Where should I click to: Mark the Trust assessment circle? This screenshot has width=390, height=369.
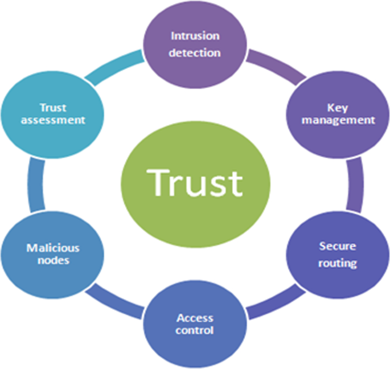click(54, 114)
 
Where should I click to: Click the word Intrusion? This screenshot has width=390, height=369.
click(195, 36)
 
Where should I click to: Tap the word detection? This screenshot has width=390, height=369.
click(195, 53)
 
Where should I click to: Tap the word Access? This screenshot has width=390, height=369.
click(195, 317)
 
